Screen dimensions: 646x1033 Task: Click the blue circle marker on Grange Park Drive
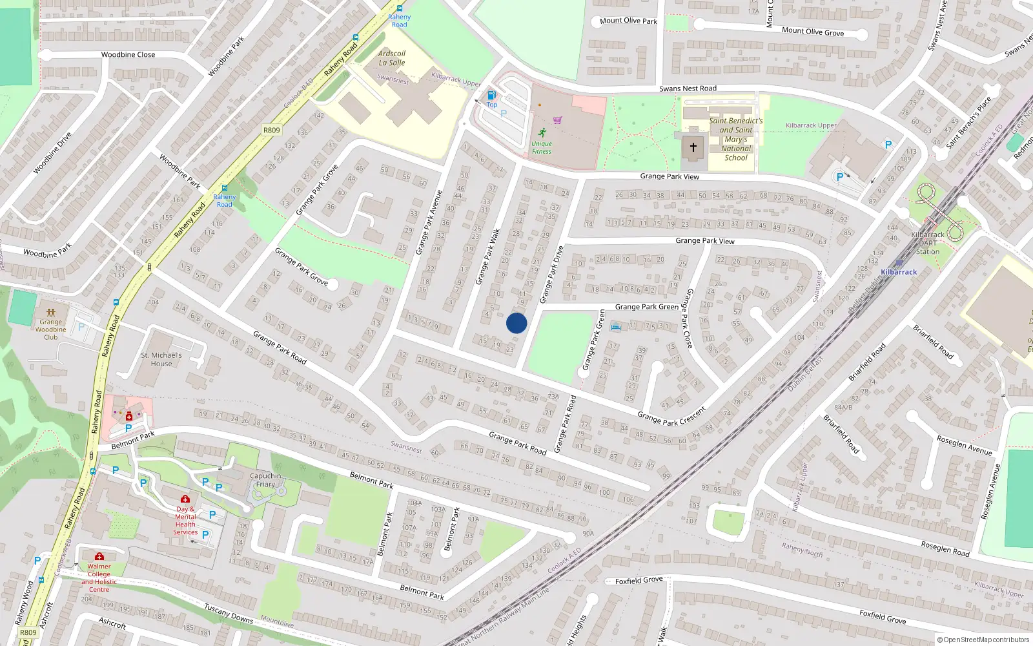pyautogui.click(x=516, y=323)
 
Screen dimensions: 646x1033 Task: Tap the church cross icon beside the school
pyautogui.click(x=693, y=147)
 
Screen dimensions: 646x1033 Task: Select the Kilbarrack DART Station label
pyautogui.click(x=928, y=243)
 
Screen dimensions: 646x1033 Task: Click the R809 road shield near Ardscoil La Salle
pyautogui.click(x=272, y=130)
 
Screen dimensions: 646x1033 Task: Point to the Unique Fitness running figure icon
pyautogui.click(x=542, y=132)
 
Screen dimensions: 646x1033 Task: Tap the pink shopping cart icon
pyautogui.click(x=558, y=120)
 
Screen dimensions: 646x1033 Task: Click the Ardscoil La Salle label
pyautogui.click(x=392, y=58)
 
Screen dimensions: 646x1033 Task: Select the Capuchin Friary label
pyautogui.click(x=265, y=480)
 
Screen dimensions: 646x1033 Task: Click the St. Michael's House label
pyautogui.click(x=161, y=359)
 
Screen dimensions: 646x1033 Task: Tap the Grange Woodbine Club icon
pyautogui.click(x=51, y=312)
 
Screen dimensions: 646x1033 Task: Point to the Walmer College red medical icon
pyautogui.click(x=99, y=556)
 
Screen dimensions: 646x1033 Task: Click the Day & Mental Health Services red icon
pyautogui.click(x=185, y=499)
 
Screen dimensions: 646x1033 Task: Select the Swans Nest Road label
pyautogui.click(x=688, y=89)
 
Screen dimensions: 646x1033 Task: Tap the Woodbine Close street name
pyautogui.click(x=128, y=55)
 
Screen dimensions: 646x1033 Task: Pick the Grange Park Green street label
pyautogui.click(x=646, y=307)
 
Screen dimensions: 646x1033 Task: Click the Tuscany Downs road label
pyautogui.click(x=229, y=614)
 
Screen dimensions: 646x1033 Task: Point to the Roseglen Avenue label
pyautogui.click(x=964, y=445)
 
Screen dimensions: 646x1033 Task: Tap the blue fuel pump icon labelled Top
pyautogui.click(x=492, y=95)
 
